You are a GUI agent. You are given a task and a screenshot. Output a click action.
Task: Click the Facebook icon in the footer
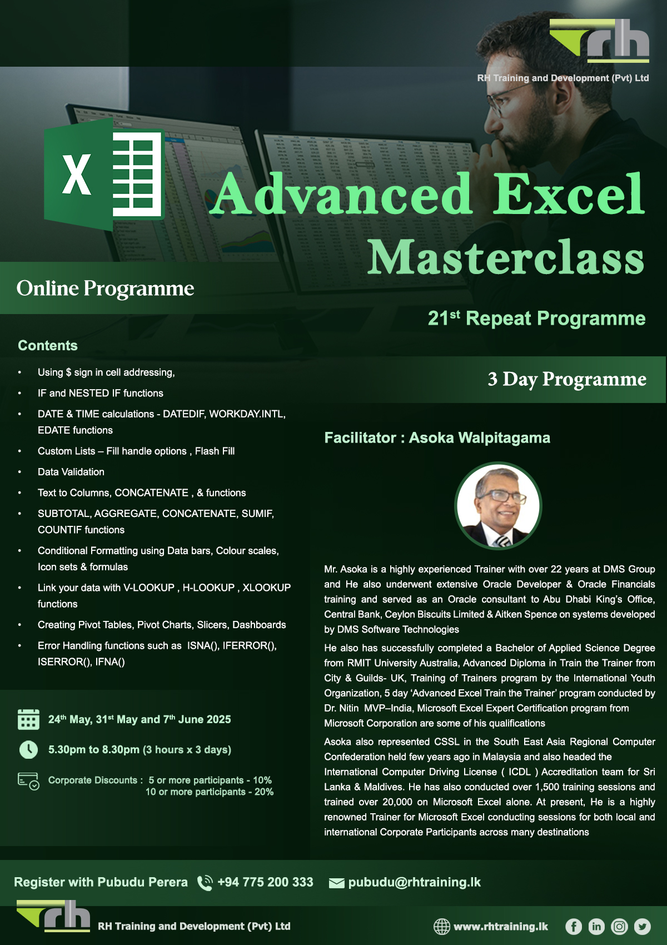click(573, 927)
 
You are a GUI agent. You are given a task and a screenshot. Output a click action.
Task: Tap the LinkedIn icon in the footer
click(596, 927)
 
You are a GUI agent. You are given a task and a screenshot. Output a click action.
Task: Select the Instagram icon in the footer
click(619, 927)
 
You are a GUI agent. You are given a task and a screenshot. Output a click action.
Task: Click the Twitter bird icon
click(642, 927)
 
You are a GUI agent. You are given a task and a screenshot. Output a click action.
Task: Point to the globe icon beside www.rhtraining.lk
click(442, 927)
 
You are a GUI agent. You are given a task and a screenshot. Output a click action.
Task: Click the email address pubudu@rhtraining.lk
click(414, 882)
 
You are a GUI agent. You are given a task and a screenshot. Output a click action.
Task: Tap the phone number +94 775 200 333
click(265, 882)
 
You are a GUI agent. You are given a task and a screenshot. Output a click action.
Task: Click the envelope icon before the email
click(337, 883)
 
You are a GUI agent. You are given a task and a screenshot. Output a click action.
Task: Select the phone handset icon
click(205, 883)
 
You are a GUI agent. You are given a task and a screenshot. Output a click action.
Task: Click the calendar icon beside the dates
click(29, 719)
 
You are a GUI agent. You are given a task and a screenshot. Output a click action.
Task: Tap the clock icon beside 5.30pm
click(29, 750)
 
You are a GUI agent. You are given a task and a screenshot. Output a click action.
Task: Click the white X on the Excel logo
click(76, 174)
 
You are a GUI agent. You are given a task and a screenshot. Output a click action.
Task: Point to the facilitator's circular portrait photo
click(498, 505)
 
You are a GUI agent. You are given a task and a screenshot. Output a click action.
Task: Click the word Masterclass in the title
click(505, 256)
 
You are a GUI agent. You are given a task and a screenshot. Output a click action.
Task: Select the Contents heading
click(48, 346)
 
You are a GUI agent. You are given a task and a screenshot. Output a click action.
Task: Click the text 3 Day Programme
click(567, 379)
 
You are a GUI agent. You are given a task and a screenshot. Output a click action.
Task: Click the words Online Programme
click(106, 289)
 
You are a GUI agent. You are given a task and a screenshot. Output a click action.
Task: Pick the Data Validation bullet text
click(71, 471)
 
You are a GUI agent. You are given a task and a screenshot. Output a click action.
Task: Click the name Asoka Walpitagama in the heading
click(480, 438)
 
